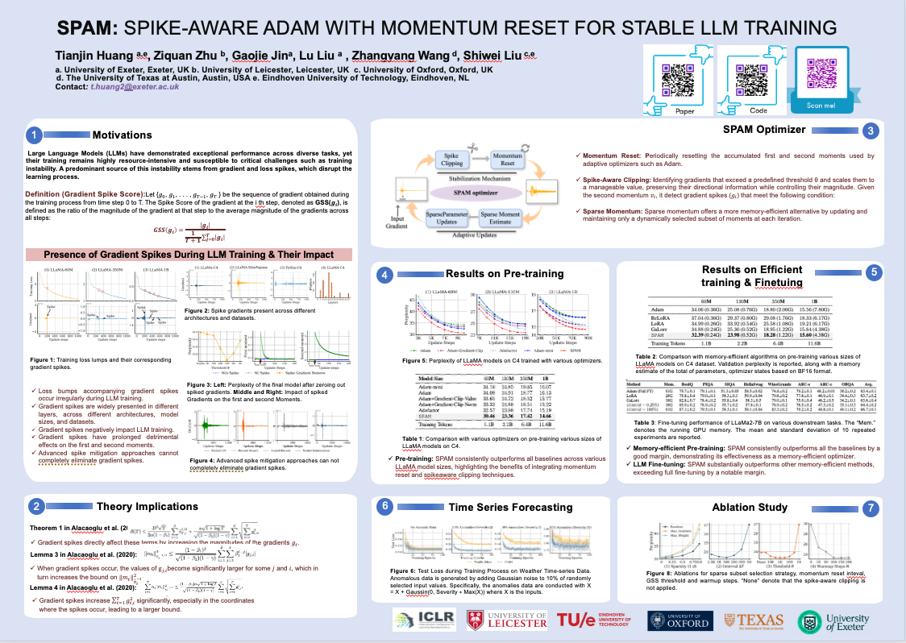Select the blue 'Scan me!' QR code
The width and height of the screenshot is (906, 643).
(x=823, y=74)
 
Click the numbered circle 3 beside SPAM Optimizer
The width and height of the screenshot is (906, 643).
(x=870, y=130)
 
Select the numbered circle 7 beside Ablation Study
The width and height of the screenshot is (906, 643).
(x=870, y=508)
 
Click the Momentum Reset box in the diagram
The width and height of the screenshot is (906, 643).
(x=509, y=158)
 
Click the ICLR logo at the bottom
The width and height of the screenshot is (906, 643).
(x=414, y=620)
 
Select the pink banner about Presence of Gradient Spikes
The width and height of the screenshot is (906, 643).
(x=189, y=254)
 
